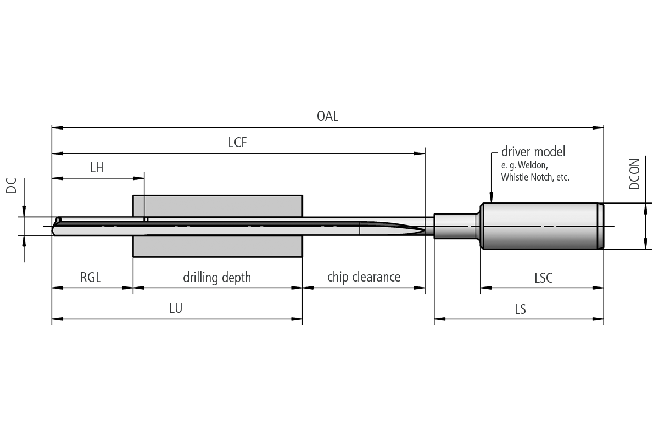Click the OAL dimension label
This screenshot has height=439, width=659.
click(x=327, y=116)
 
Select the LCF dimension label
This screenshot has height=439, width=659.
click(x=237, y=142)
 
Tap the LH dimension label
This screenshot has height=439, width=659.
click(x=97, y=168)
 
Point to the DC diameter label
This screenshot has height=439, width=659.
click(x=11, y=185)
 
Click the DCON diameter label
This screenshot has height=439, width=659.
click(x=634, y=174)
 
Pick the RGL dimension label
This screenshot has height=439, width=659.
click(x=90, y=277)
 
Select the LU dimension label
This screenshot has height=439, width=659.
click(x=176, y=308)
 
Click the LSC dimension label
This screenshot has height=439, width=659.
click(x=544, y=278)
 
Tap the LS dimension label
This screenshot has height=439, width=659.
click(x=520, y=309)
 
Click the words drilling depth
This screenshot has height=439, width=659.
click(x=217, y=278)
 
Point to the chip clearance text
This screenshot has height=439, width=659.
click(x=364, y=277)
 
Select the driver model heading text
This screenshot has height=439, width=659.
click(x=533, y=151)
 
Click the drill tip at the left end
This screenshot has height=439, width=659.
click(x=53, y=227)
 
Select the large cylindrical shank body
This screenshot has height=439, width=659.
click(x=542, y=226)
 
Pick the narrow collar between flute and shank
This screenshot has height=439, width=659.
click(x=455, y=226)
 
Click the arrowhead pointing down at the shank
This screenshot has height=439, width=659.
click(x=492, y=198)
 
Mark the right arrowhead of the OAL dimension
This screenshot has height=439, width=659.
click(x=598, y=128)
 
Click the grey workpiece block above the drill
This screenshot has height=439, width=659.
click(x=217, y=206)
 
